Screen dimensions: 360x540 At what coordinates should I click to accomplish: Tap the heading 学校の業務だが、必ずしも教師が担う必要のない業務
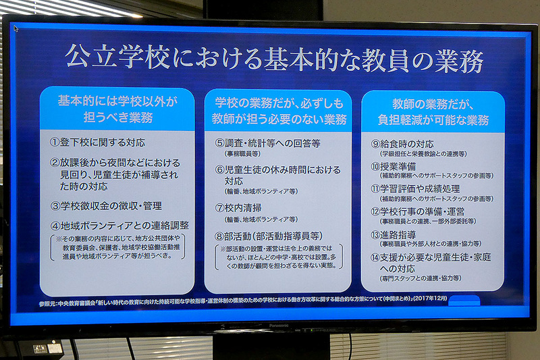tap(279, 111)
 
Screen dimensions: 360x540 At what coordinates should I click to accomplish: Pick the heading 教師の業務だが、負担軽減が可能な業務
tap(433, 111)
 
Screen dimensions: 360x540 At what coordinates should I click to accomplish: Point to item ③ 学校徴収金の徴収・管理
tap(106, 205)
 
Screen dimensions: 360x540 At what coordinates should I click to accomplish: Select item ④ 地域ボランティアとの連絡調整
tap(119, 225)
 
